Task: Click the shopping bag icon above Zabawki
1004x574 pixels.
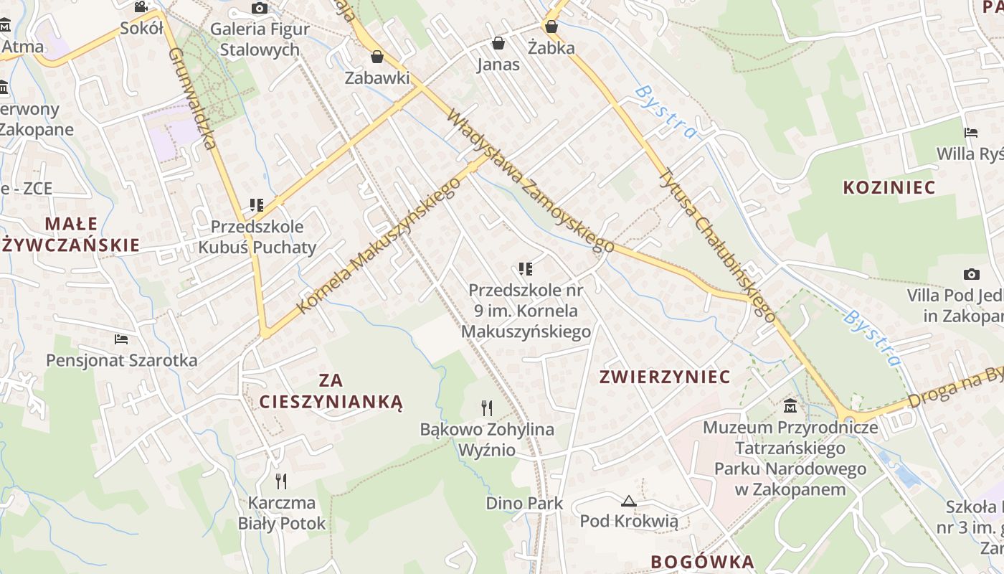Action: pos(376,57)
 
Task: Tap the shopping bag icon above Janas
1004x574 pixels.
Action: pos(498,44)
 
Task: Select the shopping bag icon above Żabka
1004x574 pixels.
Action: pos(551,27)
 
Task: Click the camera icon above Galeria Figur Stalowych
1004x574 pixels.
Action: pos(260,9)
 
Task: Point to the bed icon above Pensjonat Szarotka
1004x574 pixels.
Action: pos(121,339)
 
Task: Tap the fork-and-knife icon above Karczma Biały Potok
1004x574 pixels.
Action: pos(281,481)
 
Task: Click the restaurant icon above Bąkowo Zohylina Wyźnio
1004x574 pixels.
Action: pos(487,408)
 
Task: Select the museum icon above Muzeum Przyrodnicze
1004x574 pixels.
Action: pos(790,406)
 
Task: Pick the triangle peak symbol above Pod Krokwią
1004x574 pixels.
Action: pos(629,501)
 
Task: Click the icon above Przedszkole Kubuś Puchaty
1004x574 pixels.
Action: pos(257,205)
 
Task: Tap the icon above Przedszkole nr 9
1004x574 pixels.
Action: pos(526,269)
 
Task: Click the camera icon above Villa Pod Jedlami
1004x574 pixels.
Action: pos(972,274)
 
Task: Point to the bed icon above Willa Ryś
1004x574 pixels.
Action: pos(971,133)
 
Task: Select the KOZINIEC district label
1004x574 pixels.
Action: pos(889,188)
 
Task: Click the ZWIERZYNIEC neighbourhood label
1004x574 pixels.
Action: pos(665,377)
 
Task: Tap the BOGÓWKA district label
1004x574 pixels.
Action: pos(703,562)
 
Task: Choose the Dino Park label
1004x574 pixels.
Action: pos(525,503)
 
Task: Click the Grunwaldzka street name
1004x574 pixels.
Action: pos(191,98)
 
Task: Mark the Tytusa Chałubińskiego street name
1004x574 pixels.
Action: pos(717,244)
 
